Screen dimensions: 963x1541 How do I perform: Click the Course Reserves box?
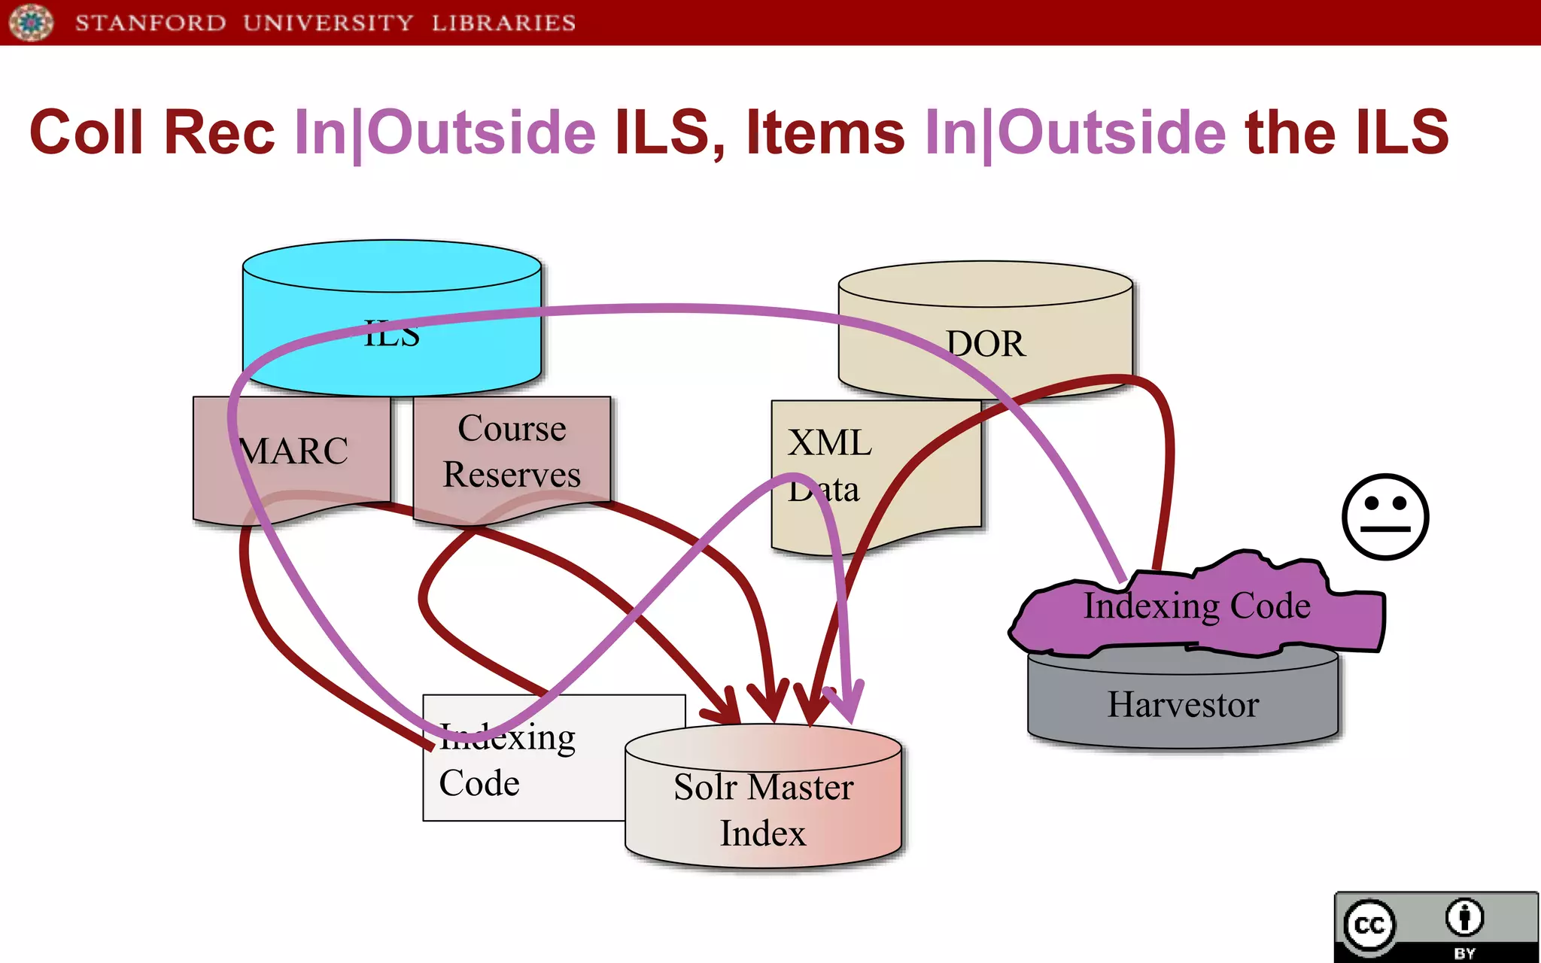pyautogui.click(x=512, y=451)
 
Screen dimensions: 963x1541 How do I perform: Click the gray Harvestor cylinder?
pyautogui.click(x=1183, y=704)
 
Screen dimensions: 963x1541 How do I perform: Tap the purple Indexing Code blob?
pyautogui.click(x=1196, y=606)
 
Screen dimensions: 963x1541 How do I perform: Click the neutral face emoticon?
pyautogui.click(x=1385, y=517)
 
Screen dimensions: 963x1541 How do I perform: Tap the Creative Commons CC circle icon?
pyautogui.click(x=1369, y=925)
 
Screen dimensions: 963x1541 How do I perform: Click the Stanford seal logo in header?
pyautogui.click(x=31, y=22)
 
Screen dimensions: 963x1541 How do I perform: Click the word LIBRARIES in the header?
pyautogui.click(x=503, y=23)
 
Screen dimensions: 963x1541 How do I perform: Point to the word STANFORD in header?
pyautogui.click(x=150, y=23)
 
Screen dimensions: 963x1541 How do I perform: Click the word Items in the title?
pyautogui.click(x=825, y=132)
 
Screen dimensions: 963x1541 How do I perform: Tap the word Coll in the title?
pyautogui.click(x=86, y=132)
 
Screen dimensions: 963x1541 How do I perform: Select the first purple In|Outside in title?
pyautogui.click(x=444, y=132)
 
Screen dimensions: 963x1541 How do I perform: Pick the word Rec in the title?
pyautogui.click(x=219, y=132)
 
